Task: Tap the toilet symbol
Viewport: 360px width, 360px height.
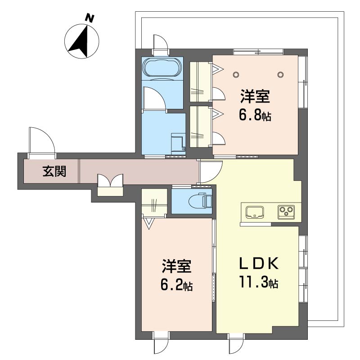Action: (x=200, y=201)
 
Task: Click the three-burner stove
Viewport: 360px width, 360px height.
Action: (x=286, y=212)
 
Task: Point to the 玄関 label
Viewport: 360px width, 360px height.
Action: (x=54, y=171)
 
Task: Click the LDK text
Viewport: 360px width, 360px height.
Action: (x=259, y=264)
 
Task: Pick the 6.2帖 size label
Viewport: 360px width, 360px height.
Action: (x=176, y=285)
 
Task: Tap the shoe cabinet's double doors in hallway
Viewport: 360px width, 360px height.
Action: (x=110, y=180)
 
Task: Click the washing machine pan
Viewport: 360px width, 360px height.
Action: (x=178, y=142)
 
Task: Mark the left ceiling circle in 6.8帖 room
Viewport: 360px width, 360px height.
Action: (x=236, y=74)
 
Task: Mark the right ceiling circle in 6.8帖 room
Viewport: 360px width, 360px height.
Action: (x=280, y=74)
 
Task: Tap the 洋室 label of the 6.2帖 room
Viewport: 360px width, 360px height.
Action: (x=176, y=266)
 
